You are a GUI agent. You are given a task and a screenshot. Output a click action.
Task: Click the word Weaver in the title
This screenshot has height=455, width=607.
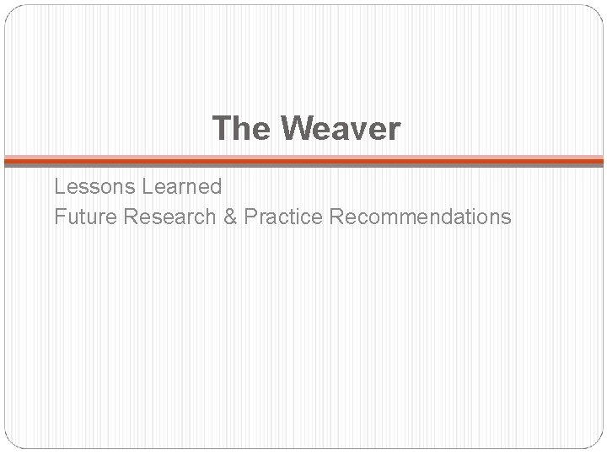[x=342, y=129]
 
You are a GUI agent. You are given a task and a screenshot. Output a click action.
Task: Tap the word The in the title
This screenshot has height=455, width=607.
[x=243, y=129]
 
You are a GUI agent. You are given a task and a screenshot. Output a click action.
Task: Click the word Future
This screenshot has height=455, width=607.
[x=83, y=217]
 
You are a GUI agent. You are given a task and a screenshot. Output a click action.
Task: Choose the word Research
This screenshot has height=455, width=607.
[x=163, y=217]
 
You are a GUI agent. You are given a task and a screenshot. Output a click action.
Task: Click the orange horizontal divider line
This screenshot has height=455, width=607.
[x=303, y=158]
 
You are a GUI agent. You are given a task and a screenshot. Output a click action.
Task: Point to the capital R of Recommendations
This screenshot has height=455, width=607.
[x=338, y=217]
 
